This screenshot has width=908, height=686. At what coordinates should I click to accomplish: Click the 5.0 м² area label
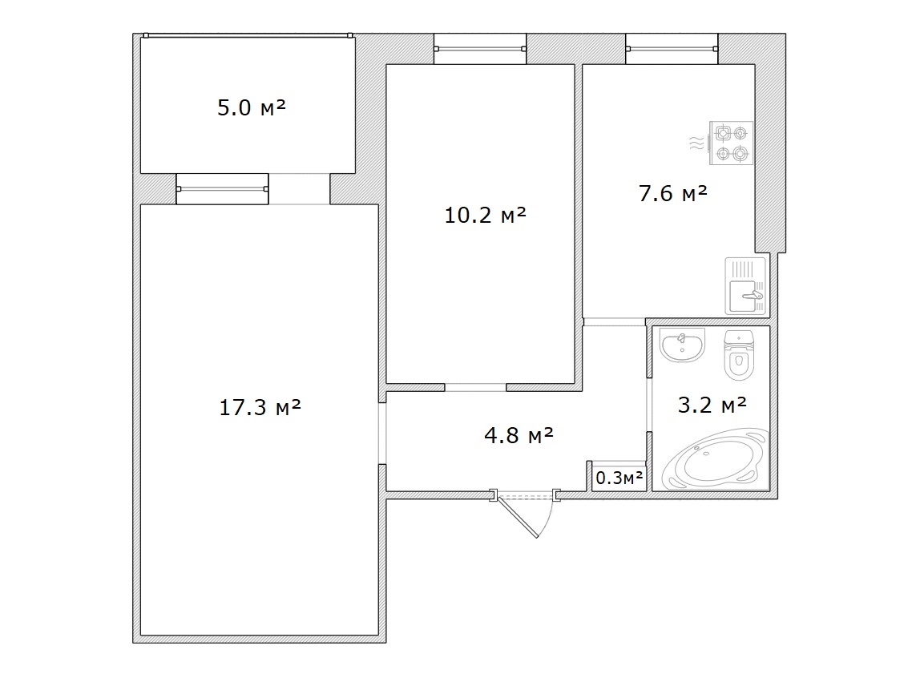click(252, 107)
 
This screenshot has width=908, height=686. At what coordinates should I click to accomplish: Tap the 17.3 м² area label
click(260, 408)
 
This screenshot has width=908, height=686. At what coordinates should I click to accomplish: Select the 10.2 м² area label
click(486, 216)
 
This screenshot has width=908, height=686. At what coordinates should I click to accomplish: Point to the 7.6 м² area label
click(673, 193)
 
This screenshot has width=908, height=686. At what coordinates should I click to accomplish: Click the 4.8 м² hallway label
click(519, 435)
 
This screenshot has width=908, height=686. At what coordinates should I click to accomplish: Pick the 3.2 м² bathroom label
click(712, 406)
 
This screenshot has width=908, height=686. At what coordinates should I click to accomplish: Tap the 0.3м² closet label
click(619, 478)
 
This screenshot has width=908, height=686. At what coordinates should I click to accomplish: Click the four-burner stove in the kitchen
click(732, 143)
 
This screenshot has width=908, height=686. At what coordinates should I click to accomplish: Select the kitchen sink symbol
click(746, 287)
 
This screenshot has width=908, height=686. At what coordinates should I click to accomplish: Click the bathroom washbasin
click(682, 345)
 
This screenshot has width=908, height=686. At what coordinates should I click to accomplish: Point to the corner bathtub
click(716, 460)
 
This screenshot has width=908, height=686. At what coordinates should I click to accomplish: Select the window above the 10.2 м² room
click(480, 49)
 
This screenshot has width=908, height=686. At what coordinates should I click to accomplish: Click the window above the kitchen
click(672, 49)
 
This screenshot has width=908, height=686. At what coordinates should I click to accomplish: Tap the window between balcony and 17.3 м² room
click(222, 188)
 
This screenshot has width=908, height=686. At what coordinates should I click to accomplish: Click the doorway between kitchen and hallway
click(614, 322)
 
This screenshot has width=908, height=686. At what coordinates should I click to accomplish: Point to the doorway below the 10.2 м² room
click(475, 387)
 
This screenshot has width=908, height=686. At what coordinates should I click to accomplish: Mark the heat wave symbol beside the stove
click(696, 143)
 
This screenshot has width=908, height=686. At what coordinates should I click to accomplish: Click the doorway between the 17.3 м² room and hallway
click(382, 433)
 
